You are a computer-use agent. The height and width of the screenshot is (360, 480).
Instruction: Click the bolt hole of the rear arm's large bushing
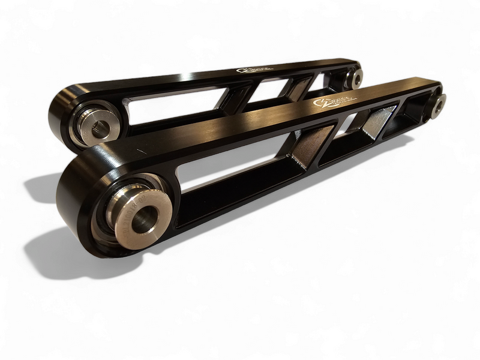click(x=100, y=127)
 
